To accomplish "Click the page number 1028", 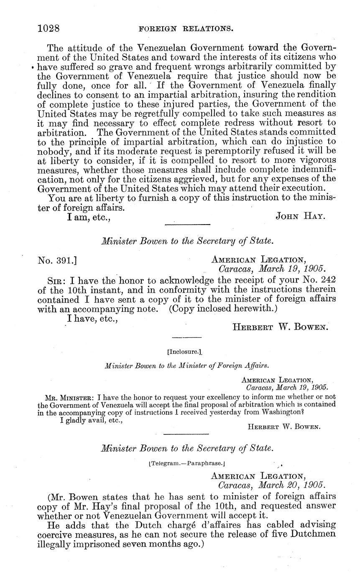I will [49, 28].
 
